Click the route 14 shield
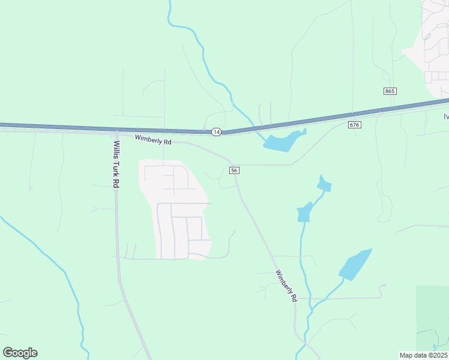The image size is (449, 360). tap(216, 131)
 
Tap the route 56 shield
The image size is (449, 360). tap(235, 170)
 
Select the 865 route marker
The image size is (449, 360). tap(390, 91)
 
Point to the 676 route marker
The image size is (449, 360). tap(354, 124)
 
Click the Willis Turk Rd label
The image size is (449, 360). tap(116, 164)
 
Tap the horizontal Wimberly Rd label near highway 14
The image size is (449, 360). tap(153, 140)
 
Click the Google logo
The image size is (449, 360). tap(20, 352)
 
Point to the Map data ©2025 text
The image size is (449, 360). tap(423, 355)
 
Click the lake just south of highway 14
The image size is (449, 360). tap(282, 142)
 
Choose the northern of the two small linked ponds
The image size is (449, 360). tap(324, 184)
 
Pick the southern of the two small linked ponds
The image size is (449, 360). tap(305, 212)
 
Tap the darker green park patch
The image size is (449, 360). tap(432, 318)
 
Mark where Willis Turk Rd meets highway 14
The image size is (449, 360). tap(115, 130)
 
